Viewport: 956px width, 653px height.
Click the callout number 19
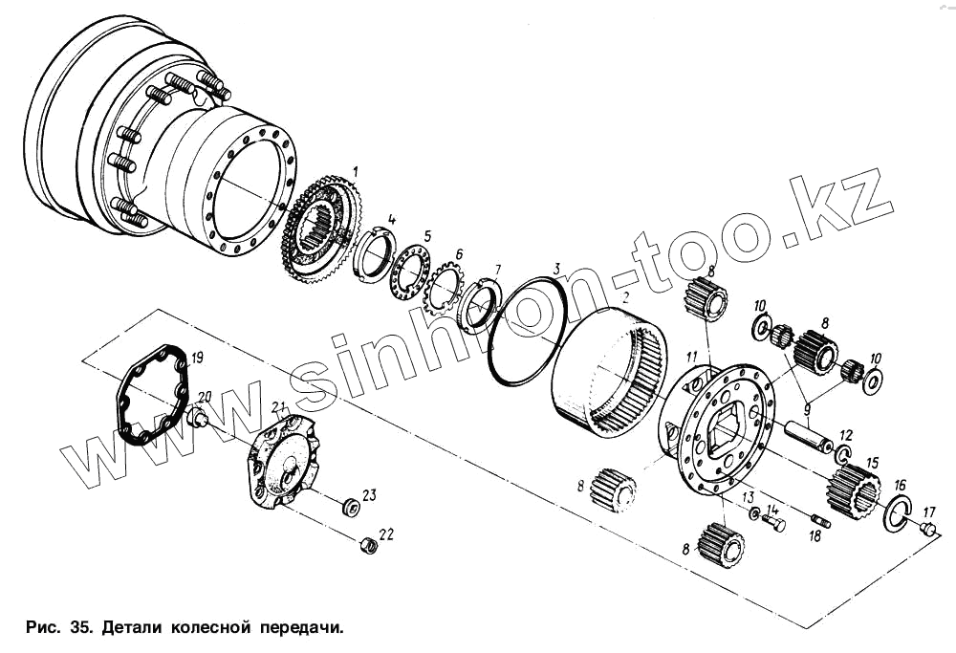click(196, 359)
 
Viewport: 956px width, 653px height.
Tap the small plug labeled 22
click(364, 545)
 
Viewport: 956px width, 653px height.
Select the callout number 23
click(369, 494)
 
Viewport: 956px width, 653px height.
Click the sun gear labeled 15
click(852, 488)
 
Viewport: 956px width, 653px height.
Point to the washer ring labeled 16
click(897, 513)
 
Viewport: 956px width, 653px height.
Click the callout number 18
click(815, 536)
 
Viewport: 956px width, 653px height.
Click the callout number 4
click(392, 220)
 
